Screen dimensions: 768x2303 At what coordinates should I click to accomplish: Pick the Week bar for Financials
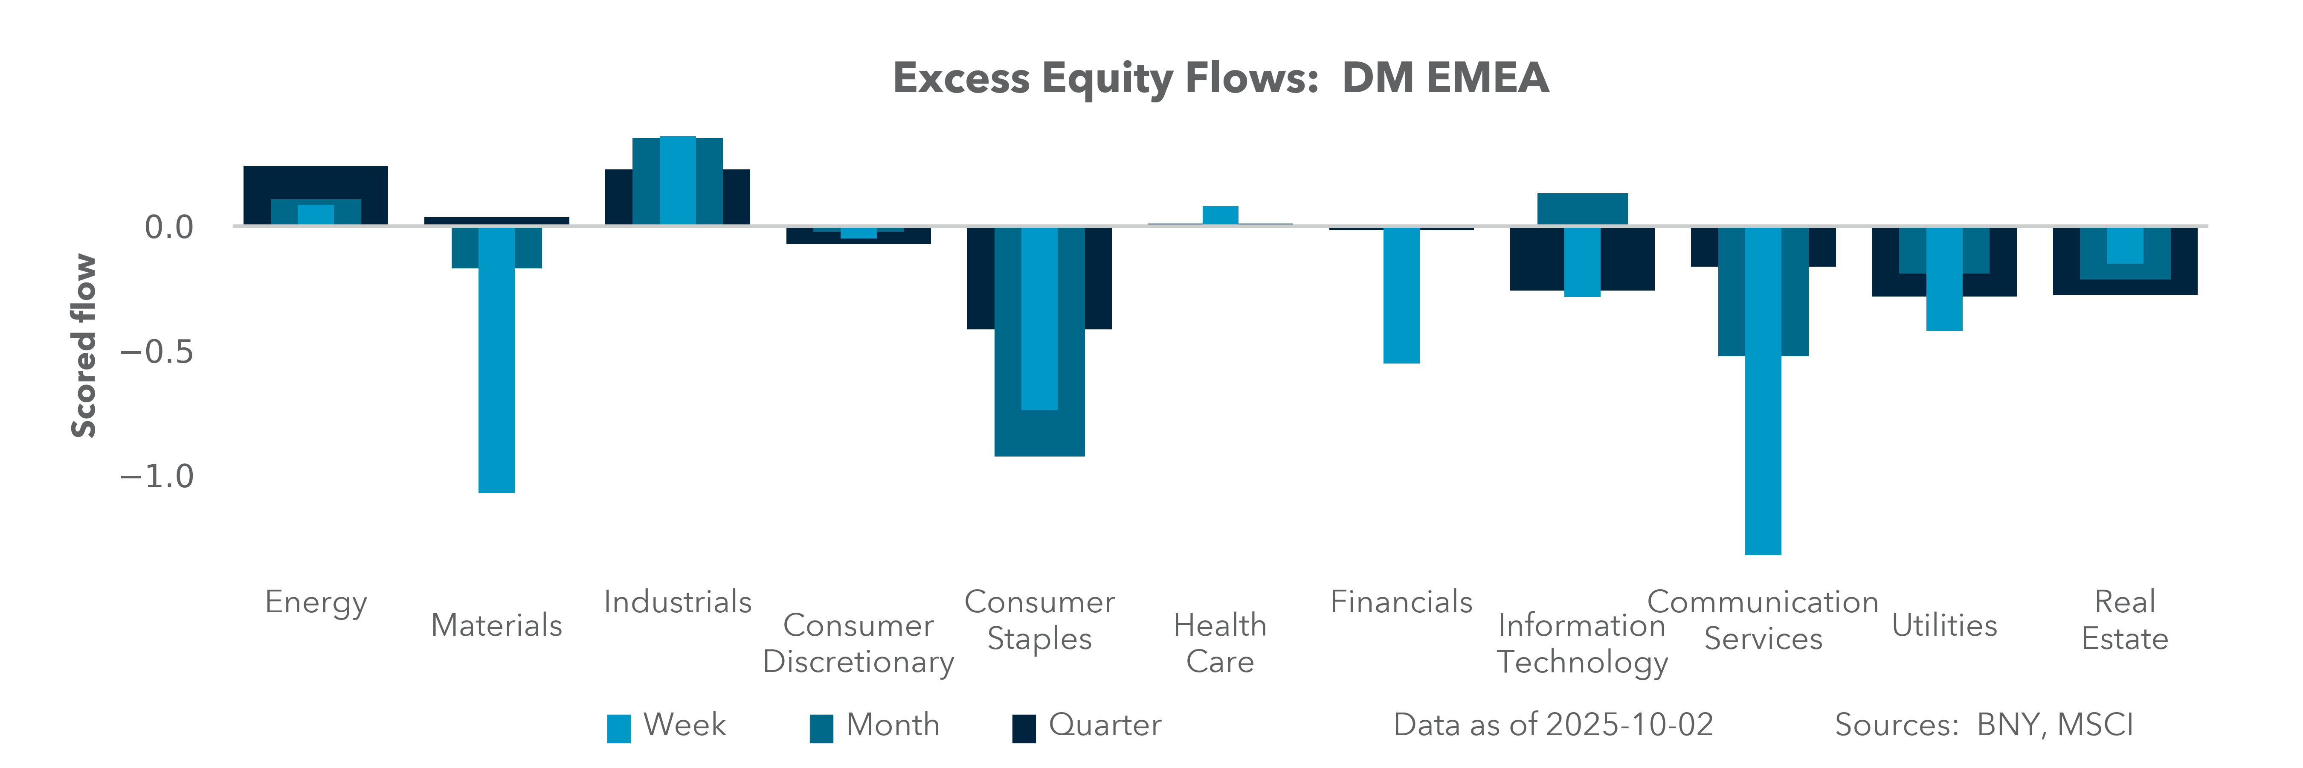coord(1401,295)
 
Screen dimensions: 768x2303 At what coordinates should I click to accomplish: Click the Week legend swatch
coord(619,728)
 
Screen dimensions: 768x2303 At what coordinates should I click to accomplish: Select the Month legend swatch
coord(821,728)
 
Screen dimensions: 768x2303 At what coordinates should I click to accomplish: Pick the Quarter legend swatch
coord(1024,728)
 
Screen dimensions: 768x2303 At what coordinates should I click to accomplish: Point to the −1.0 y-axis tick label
coord(157,477)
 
